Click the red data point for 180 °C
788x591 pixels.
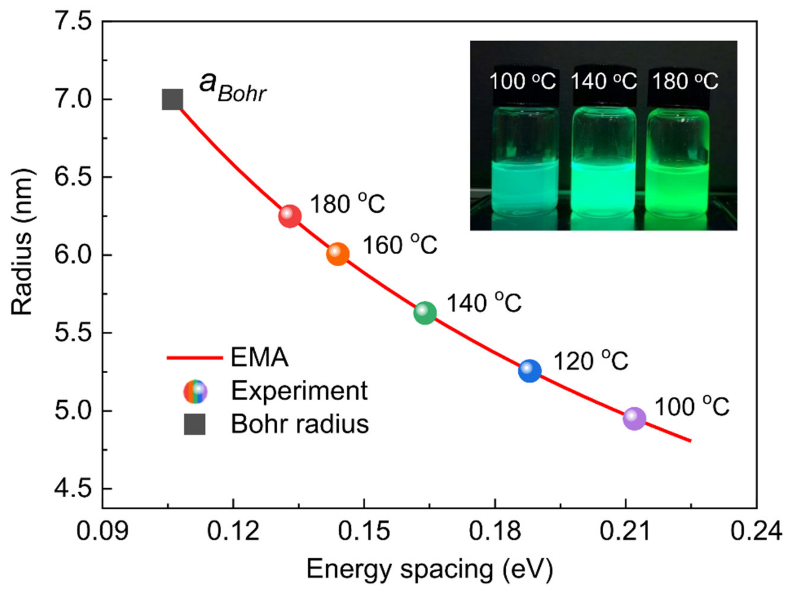point(290,216)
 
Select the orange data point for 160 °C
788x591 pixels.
point(338,254)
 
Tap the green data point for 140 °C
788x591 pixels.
point(425,313)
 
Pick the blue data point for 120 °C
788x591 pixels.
point(530,371)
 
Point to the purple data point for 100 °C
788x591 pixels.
point(634,418)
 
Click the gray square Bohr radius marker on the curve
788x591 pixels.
point(173,99)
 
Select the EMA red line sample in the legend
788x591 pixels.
point(195,357)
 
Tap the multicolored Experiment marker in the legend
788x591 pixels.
point(195,391)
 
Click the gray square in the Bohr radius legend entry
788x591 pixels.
point(195,424)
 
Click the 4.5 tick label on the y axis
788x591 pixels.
point(73,489)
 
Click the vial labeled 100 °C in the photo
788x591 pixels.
point(525,160)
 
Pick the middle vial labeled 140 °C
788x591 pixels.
point(604,160)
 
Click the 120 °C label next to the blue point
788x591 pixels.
point(590,361)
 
